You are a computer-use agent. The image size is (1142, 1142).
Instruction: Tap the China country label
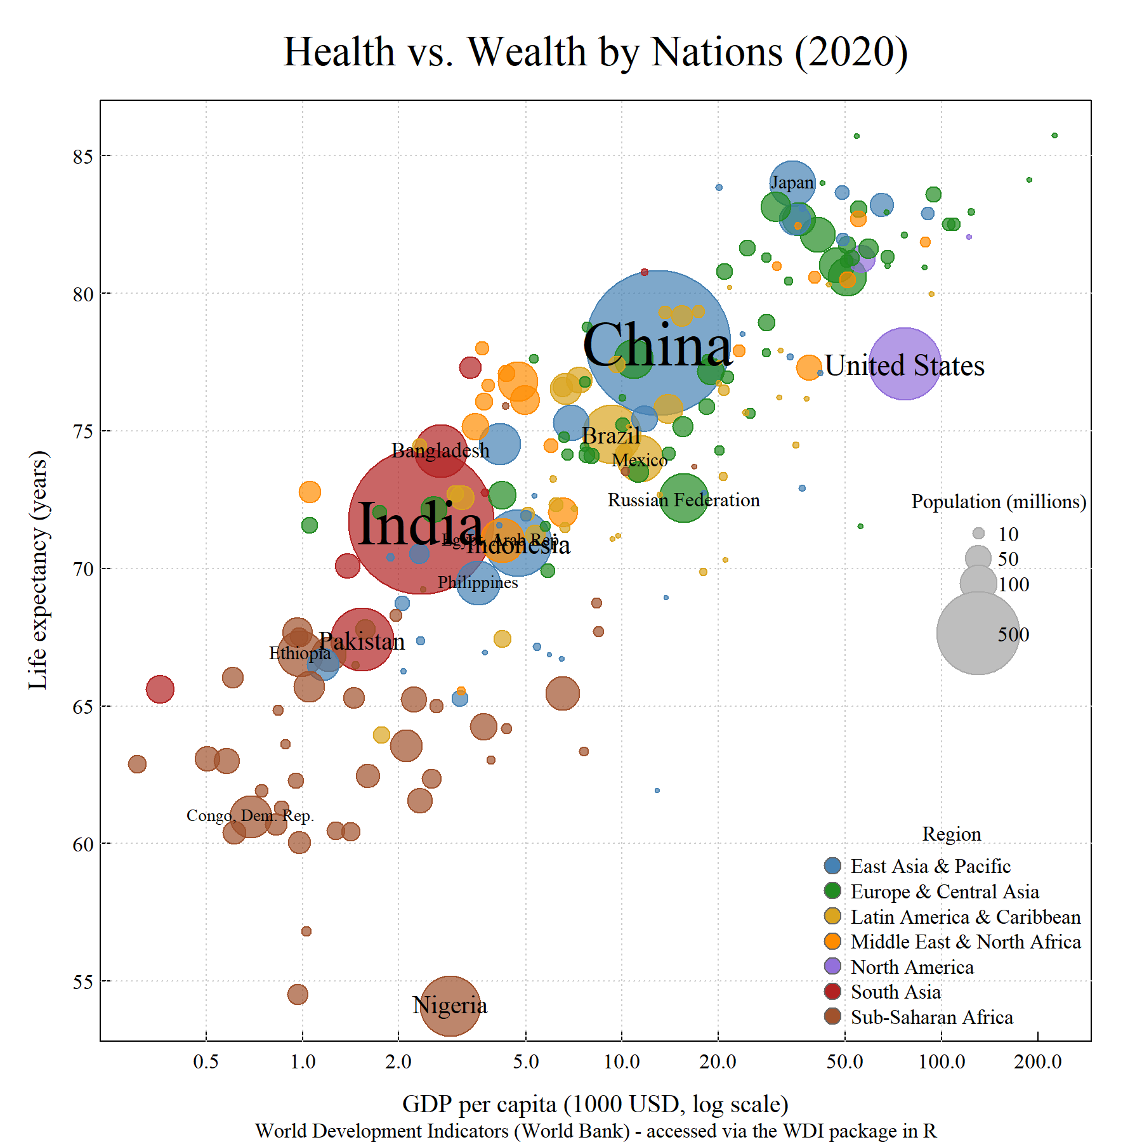(x=657, y=346)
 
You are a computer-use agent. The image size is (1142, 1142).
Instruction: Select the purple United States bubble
(x=904, y=364)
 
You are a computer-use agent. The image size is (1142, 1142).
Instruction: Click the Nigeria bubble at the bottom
(x=450, y=1006)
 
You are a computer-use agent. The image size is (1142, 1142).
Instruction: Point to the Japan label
(x=792, y=183)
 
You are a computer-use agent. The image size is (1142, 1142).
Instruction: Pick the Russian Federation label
(x=683, y=500)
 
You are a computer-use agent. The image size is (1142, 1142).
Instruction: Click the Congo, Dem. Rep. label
(x=250, y=815)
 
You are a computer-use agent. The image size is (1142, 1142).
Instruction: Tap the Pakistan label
(x=361, y=641)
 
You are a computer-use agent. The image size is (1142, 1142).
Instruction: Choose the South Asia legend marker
(x=832, y=992)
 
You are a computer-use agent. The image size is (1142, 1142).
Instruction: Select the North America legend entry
(x=912, y=967)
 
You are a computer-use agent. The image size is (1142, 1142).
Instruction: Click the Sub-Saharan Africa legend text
(x=931, y=1017)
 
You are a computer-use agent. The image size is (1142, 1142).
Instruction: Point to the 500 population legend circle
(x=978, y=633)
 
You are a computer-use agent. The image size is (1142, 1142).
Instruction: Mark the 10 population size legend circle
(x=978, y=534)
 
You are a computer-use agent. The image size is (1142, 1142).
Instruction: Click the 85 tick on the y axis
(x=82, y=156)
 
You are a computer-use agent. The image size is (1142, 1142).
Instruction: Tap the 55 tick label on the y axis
(x=82, y=982)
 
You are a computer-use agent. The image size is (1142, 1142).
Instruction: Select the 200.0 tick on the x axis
(x=1037, y=1061)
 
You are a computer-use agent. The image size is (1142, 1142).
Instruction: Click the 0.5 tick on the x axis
(x=206, y=1061)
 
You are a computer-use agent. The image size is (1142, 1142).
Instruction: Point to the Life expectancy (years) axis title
(x=38, y=570)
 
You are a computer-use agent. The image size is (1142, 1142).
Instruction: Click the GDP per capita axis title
(x=595, y=1104)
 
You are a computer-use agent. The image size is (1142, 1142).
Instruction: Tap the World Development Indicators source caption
(x=595, y=1131)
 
